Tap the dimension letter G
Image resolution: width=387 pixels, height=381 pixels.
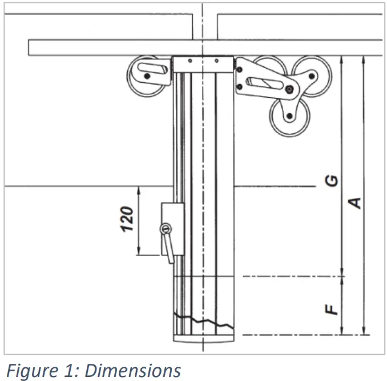(x=331, y=181)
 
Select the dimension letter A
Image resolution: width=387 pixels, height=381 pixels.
(x=354, y=203)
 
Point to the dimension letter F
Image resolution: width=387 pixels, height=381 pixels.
(x=331, y=309)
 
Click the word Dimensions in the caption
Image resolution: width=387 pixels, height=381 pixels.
(x=132, y=371)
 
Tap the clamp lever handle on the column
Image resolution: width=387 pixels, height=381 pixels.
(x=168, y=248)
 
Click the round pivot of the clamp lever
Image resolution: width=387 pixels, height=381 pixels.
(x=166, y=229)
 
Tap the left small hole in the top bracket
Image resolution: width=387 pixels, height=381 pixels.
(x=190, y=61)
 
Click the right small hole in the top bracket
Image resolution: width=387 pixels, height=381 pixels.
(x=216, y=61)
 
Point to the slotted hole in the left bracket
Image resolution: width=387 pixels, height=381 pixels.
(x=152, y=68)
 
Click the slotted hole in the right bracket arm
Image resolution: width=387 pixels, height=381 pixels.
(x=265, y=83)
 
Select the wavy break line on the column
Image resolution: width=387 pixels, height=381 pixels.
(x=204, y=320)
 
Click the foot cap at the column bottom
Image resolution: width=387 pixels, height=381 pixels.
(x=204, y=339)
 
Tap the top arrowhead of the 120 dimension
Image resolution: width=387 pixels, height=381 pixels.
(x=139, y=190)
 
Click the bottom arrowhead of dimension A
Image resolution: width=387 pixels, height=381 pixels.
(x=363, y=331)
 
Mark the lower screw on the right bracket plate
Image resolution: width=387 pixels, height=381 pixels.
(x=239, y=87)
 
